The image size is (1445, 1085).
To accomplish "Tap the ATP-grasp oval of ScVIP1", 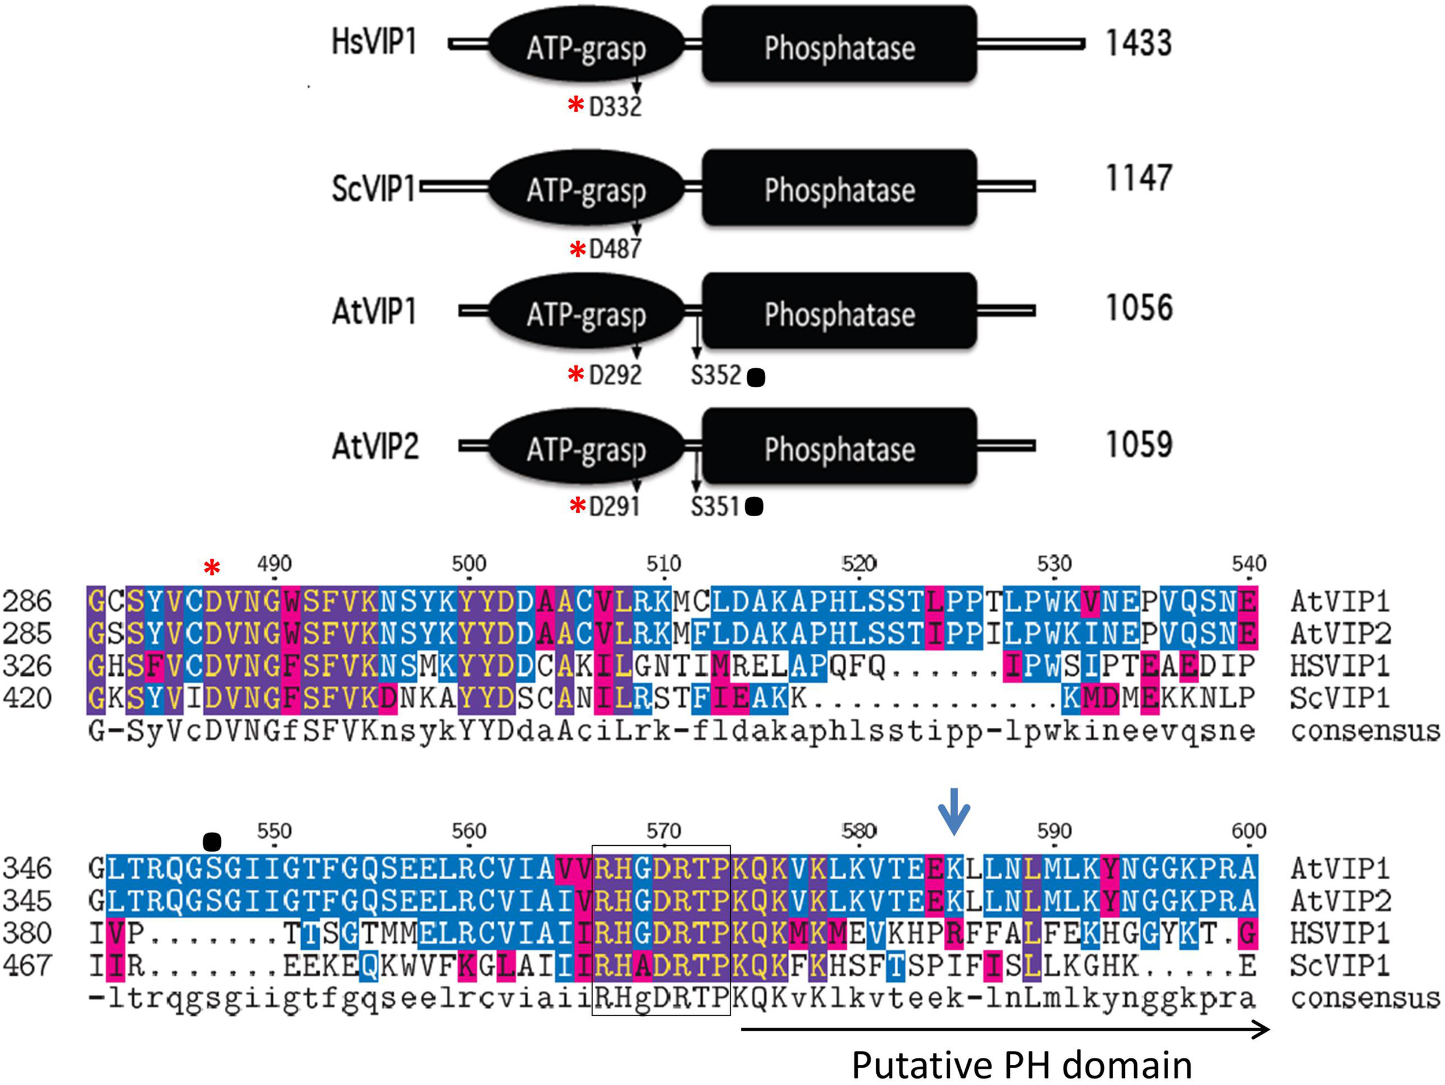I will click(x=586, y=190).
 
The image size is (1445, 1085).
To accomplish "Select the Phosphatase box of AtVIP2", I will click(x=839, y=449).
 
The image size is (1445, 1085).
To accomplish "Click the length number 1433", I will click(x=1138, y=44).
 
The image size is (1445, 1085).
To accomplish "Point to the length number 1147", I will click(x=1138, y=179).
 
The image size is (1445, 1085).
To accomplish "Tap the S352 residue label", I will click(x=716, y=376).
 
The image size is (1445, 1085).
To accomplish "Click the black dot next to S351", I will click(x=754, y=506).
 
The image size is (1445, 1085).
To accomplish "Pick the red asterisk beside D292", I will click(x=576, y=375).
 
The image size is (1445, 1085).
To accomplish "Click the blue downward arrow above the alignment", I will click(x=954, y=810).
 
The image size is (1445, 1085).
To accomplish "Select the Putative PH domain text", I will click(x=1022, y=1065).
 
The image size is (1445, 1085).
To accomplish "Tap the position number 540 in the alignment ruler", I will click(x=1248, y=563).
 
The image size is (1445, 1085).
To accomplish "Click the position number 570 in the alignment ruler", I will click(x=663, y=831).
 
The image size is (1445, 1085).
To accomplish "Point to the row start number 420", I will click(x=27, y=698).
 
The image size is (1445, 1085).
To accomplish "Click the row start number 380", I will click(x=27, y=933).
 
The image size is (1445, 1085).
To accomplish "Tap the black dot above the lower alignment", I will click(x=212, y=841).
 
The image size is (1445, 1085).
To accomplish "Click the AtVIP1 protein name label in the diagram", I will click(x=373, y=311).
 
